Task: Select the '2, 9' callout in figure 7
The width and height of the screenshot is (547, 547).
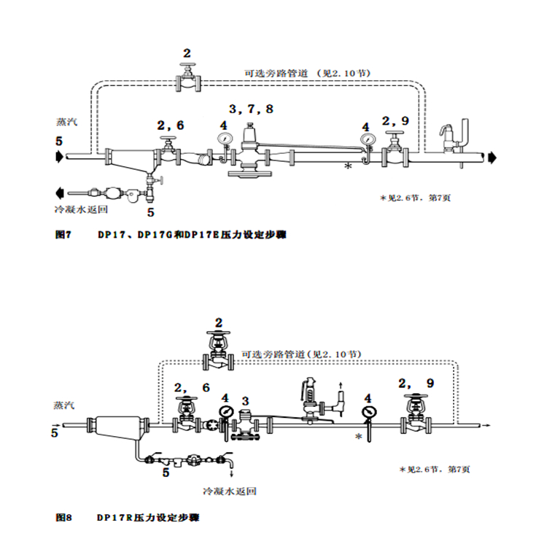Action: click(x=395, y=120)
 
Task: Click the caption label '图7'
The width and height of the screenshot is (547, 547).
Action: click(x=66, y=235)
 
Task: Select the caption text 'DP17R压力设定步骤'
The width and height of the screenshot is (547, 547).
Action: click(x=147, y=517)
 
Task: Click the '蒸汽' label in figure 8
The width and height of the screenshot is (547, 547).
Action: click(x=64, y=404)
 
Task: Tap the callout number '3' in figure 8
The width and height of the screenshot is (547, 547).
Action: click(x=246, y=400)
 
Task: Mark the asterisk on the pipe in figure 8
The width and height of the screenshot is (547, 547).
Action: click(x=358, y=436)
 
